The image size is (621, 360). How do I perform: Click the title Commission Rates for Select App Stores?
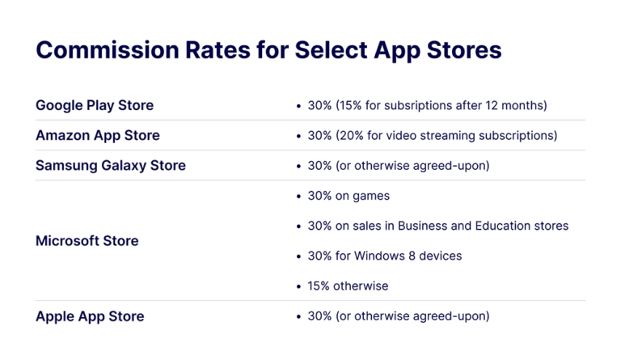point(268,49)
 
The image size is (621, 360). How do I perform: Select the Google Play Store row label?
point(95,105)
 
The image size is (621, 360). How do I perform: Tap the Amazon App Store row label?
point(98,135)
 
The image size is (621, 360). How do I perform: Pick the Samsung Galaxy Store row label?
point(111,165)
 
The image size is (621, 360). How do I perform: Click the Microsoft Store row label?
point(87,240)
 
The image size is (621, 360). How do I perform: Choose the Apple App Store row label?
point(90,316)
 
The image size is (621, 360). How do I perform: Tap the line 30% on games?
point(349,196)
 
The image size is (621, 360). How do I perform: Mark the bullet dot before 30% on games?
point(299,196)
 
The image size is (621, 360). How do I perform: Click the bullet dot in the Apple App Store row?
point(299,316)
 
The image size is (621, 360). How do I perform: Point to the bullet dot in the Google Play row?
point(299,106)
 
